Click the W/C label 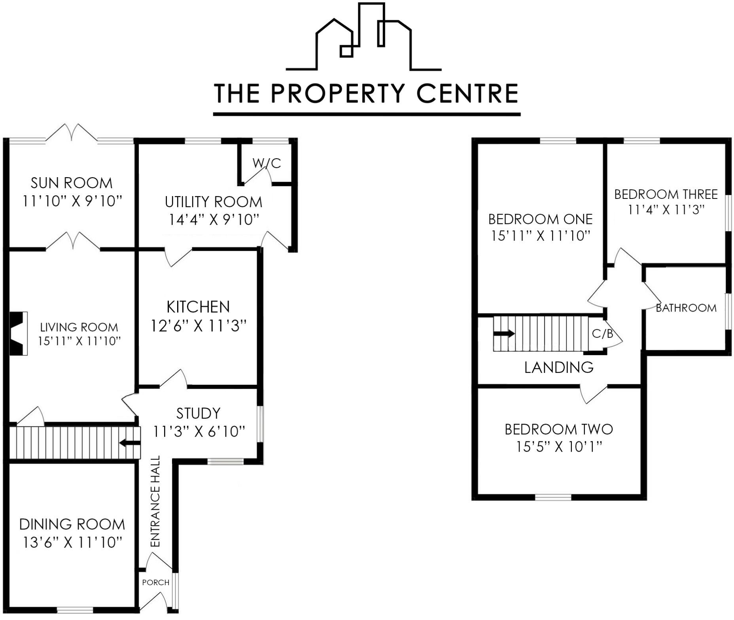click(267, 163)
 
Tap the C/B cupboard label click(602, 334)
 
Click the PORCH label click(156, 582)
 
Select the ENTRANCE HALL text click(155, 501)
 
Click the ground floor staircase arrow click(130, 443)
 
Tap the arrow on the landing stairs click(504, 333)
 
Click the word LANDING click(559, 367)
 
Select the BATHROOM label click(686, 308)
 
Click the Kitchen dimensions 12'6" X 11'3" click(199, 326)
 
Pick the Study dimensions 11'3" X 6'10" click(199, 431)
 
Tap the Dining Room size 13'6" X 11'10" click(72, 542)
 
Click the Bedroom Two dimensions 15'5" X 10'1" click(559, 447)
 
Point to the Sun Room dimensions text click(72, 201)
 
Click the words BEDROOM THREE click(666, 194)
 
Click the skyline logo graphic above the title click(364, 38)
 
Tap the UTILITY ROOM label click(214, 202)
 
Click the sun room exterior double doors click(72, 132)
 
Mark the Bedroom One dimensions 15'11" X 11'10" click(540, 236)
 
